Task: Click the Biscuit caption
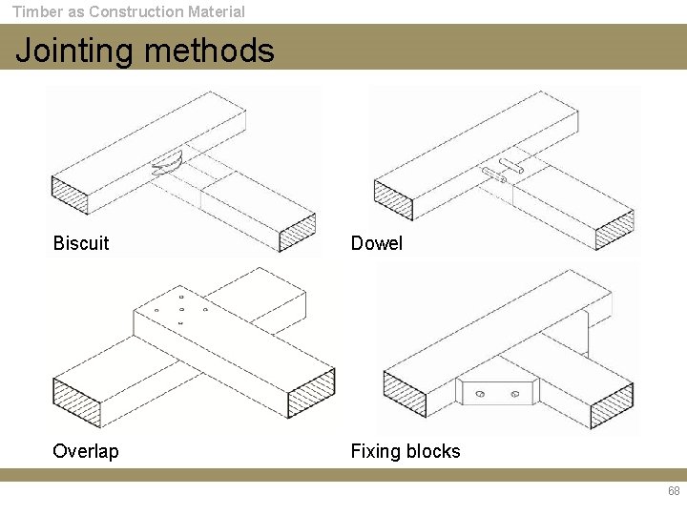pyautogui.click(x=81, y=243)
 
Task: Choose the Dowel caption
pyautogui.click(x=377, y=243)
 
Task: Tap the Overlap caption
pyautogui.click(x=86, y=451)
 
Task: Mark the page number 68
pyautogui.click(x=674, y=491)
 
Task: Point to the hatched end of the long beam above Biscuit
pyautogui.click(x=69, y=195)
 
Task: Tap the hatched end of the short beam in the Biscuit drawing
pyautogui.click(x=297, y=232)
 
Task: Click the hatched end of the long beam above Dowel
pyautogui.click(x=393, y=198)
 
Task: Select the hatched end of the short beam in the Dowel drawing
pyautogui.click(x=614, y=231)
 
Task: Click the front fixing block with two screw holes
pyautogui.click(x=498, y=392)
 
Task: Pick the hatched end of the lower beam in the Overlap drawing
pyautogui.click(x=75, y=402)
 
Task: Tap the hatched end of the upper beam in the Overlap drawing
pyautogui.click(x=311, y=391)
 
